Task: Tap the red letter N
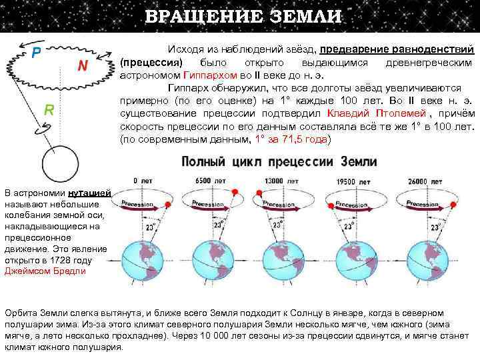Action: (82, 65)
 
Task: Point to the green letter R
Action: (49, 109)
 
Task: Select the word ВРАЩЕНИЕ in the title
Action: (196, 17)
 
